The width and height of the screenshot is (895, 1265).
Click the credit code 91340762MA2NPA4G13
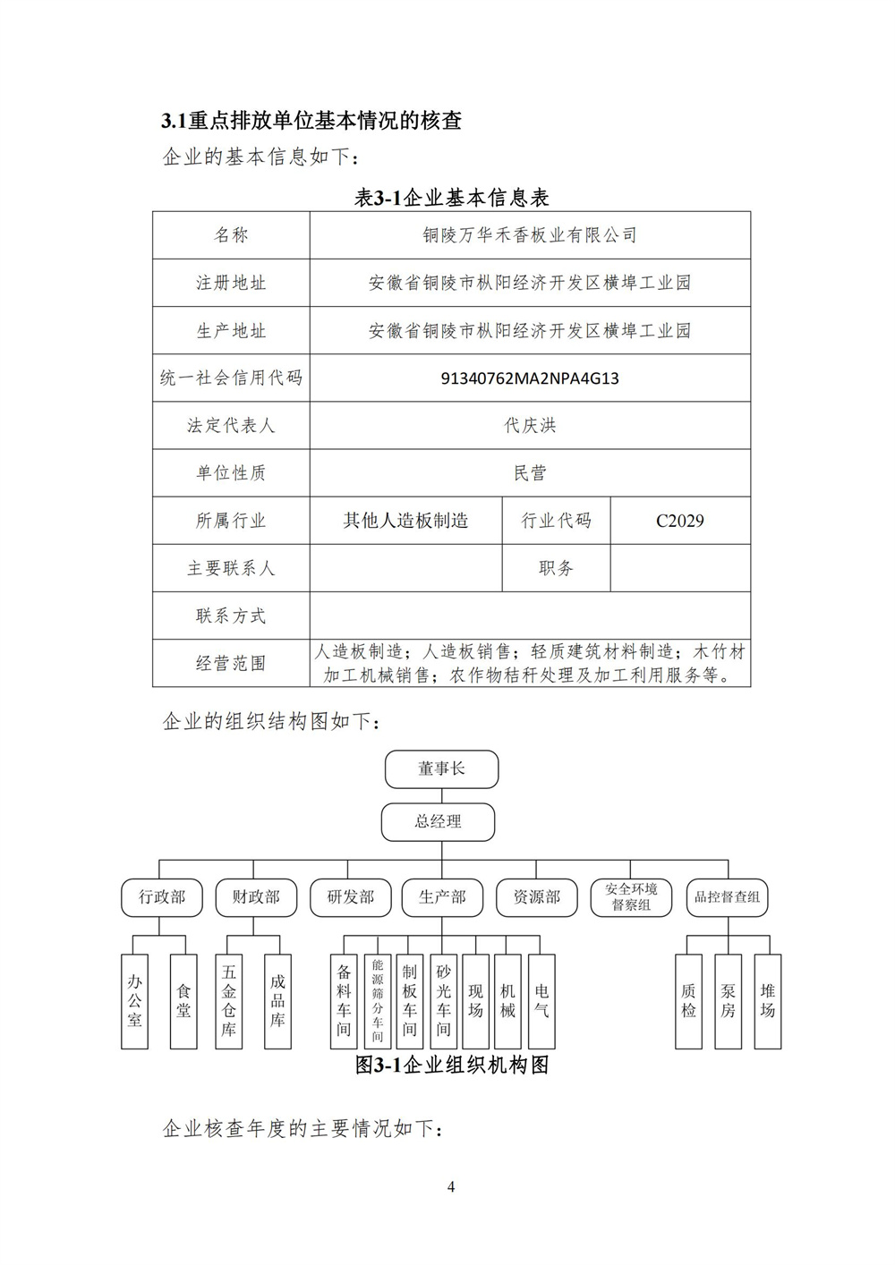[530, 378]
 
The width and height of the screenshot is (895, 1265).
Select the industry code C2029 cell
[679, 521]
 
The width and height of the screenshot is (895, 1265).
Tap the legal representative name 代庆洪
[530, 426]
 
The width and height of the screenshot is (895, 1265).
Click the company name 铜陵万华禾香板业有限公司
[530, 235]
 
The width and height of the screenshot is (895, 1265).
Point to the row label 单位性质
[231, 473]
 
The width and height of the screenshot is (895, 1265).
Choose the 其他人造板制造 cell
[405, 521]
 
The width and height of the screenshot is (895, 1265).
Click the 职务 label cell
[556, 568]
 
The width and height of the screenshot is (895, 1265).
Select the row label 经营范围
[231, 663]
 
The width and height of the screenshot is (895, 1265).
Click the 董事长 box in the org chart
[441, 769]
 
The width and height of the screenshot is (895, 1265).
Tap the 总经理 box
[438, 821]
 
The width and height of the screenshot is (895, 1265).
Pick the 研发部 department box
[350, 897]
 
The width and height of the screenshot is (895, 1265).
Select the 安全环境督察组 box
[631, 897]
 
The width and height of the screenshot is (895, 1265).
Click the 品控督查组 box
[727, 897]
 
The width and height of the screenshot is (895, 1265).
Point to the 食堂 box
[183, 1001]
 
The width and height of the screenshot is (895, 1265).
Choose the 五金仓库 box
[230, 1001]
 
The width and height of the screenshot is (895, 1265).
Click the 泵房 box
[728, 1001]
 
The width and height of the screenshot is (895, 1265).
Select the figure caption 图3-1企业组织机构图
[451, 1065]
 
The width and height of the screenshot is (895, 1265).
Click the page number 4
[451, 1188]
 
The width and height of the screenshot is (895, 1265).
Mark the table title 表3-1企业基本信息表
[451, 198]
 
